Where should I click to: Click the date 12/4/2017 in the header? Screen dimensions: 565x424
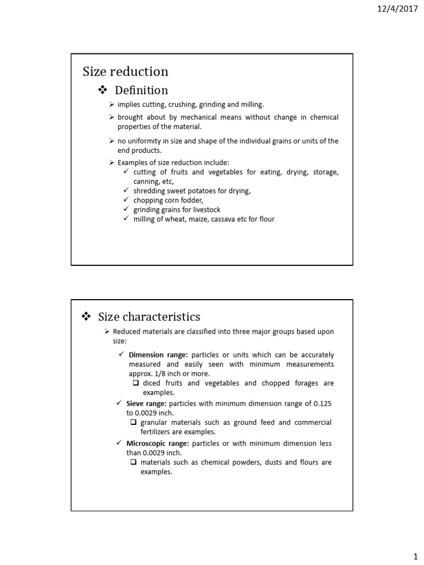point(399,9)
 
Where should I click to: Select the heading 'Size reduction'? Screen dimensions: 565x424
point(125,72)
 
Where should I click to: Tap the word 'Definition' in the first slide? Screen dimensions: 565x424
point(141,90)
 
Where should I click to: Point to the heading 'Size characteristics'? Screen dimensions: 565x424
point(149,317)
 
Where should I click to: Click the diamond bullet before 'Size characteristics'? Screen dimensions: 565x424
point(86,317)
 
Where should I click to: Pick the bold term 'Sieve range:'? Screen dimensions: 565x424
point(146,404)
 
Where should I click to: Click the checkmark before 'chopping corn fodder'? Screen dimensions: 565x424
point(126,200)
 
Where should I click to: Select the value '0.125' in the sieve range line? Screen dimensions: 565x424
point(322,404)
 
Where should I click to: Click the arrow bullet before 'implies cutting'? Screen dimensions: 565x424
point(112,104)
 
